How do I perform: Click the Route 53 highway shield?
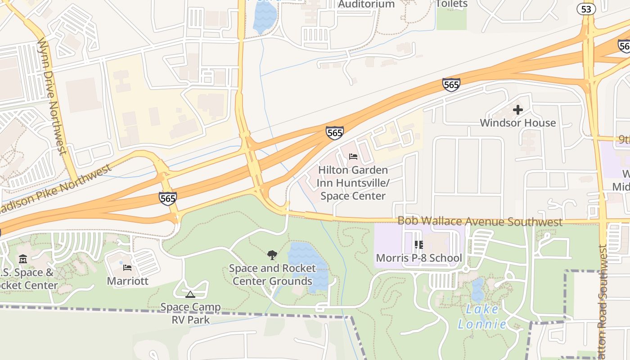pyautogui.click(x=586, y=9)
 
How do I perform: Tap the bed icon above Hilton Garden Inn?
pyautogui.click(x=353, y=157)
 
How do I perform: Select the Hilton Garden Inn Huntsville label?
pyautogui.click(x=353, y=183)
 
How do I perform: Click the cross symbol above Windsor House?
pyautogui.click(x=518, y=109)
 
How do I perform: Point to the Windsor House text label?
pyautogui.click(x=518, y=122)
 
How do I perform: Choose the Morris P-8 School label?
pyautogui.click(x=419, y=258)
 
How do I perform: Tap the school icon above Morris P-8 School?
pyautogui.click(x=419, y=245)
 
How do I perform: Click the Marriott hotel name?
pyautogui.click(x=127, y=281)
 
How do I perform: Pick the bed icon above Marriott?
pyautogui.click(x=127, y=268)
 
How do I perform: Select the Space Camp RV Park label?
pyautogui.click(x=191, y=313)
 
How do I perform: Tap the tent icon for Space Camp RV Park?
pyautogui.click(x=190, y=295)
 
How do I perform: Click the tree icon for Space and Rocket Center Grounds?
pyautogui.click(x=272, y=255)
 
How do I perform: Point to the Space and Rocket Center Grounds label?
pyautogui.click(x=272, y=274)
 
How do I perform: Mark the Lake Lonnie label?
pyautogui.click(x=481, y=316)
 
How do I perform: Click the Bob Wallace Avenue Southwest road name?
pyautogui.click(x=480, y=221)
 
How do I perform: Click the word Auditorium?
pyautogui.click(x=366, y=4)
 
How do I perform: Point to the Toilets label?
pyautogui.click(x=451, y=4)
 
